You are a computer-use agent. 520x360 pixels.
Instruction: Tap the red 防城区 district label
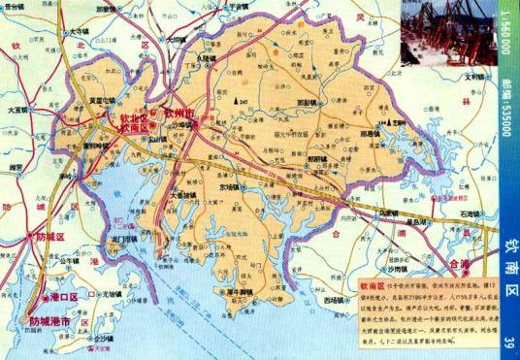click(47, 236)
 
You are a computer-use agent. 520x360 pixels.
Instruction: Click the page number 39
click(508, 338)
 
